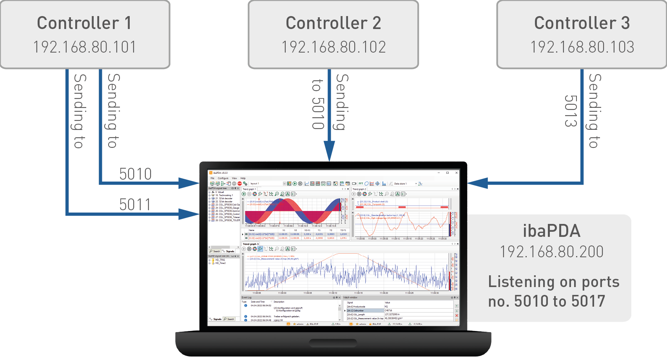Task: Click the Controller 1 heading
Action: click(84, 23)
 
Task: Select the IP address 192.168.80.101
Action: click(85, 47)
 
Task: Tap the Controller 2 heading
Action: click(333, 23)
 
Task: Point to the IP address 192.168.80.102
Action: click(333, 47)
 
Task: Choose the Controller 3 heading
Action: click(582, 23)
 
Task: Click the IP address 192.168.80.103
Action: click(582, 47)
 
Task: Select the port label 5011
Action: click(135, 204)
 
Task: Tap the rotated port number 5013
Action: click(571, 111)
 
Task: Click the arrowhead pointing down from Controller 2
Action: click(329, 151)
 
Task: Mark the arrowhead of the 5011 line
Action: click(189, 214)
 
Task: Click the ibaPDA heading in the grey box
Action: click(551, 231)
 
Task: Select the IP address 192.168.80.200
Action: click(551, 252)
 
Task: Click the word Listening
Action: click(516, 282)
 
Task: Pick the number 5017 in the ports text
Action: click(588, 301)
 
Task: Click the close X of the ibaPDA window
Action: click(457, 173)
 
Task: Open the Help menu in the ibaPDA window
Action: click(243, 178)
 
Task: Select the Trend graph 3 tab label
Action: click(251, 244)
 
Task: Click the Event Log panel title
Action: click(247, 298)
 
